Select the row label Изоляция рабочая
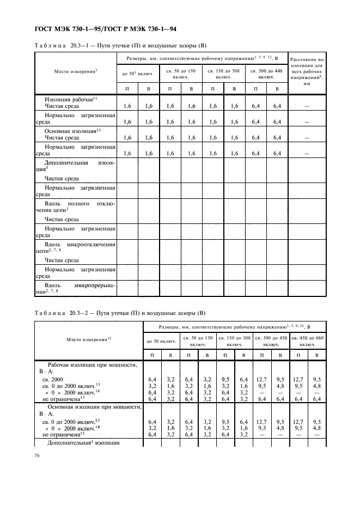click(x=71, y=99)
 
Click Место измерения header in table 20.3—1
click(x=75, y=71)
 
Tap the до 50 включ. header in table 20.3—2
click(x=161, y=342)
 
